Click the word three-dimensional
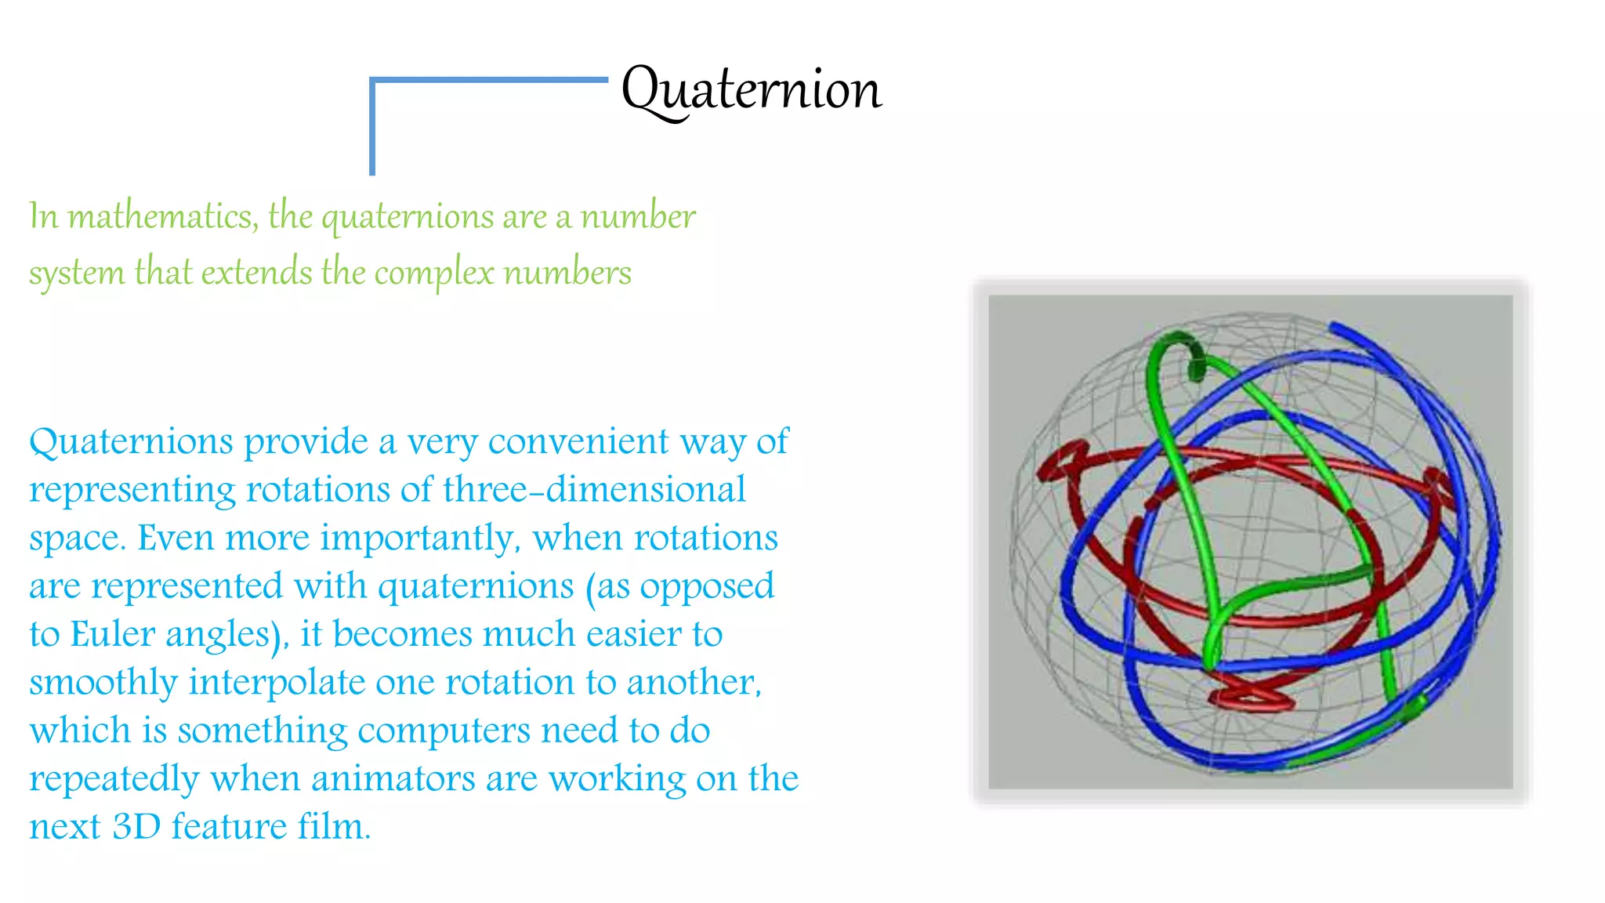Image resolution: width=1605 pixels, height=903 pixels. click(x=593, y=490)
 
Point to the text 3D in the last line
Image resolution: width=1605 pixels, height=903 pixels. click(x=136, y=826)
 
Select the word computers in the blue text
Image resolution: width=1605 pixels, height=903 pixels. click(x=444, y=731)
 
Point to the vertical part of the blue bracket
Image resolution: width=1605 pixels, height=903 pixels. click(x=372, y=129)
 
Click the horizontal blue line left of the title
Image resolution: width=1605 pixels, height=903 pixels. click(x=490, y=80)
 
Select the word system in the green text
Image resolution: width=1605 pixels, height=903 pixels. click(x=77, y=274)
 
